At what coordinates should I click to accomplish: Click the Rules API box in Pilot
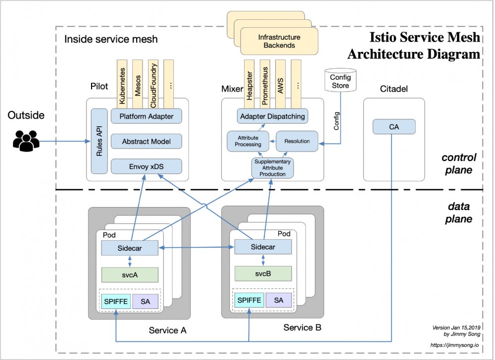click(99, 141)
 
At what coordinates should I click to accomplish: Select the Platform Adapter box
click(146, 116)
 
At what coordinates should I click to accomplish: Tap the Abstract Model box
click(146, 142)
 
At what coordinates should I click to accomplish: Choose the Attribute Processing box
click(248, 141)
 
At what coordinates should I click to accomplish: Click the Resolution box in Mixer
click(297, 141)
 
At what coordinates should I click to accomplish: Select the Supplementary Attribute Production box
click(273, 168)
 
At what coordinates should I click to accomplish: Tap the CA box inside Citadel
click(394, 127)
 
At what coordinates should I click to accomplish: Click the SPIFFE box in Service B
click(249, 300)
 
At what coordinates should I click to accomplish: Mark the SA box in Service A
click(146, 301)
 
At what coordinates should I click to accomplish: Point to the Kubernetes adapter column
click(123, 82)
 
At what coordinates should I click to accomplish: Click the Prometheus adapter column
click(265, 82)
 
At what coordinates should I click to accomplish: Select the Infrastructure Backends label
click(280, 41)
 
